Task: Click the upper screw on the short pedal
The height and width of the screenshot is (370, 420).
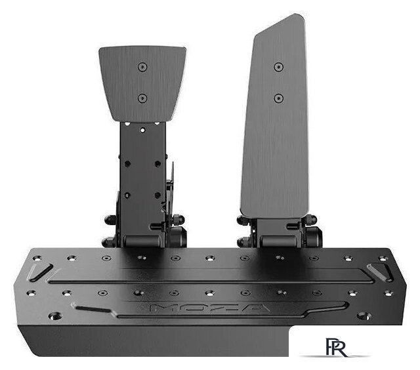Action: (x=142, y=67)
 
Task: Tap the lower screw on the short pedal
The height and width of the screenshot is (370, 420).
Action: (x=142, y=98)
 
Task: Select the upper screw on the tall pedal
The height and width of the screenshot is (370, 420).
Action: (x=278, y=67)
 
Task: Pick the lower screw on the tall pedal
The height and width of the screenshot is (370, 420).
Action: (x=278, y=98)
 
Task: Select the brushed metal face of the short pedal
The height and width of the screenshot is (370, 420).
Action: (x=142, y=82)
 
